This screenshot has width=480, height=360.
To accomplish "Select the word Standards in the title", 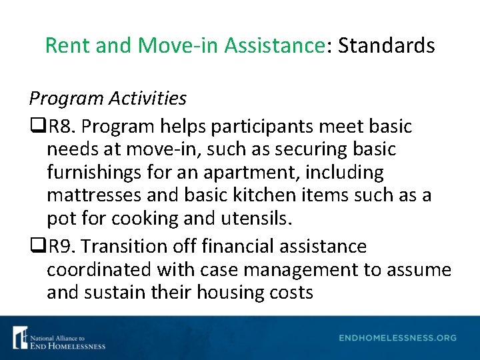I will (386, 45).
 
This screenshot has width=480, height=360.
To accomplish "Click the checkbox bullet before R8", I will (35, 126).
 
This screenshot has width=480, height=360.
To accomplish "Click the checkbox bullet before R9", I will (35, 247).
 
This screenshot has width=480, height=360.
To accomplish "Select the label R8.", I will (56, 126).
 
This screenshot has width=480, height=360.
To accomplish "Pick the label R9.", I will (56, 247).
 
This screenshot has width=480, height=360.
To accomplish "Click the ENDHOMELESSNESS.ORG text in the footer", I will (397, 338).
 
